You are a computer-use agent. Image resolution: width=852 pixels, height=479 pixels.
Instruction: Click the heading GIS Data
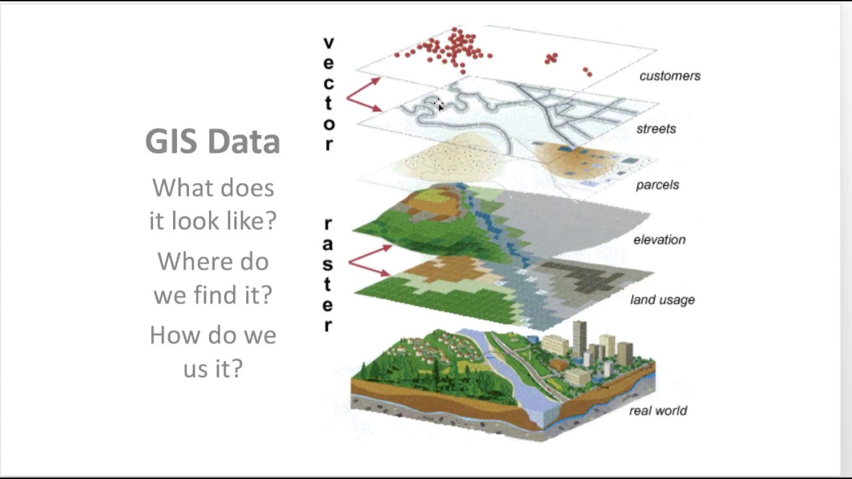[212, 141]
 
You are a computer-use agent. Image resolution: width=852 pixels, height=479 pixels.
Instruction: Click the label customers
[670, 76]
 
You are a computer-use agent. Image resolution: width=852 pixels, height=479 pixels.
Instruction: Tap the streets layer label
[656, 128]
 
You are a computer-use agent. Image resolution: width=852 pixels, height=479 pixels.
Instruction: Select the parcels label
[657, 184]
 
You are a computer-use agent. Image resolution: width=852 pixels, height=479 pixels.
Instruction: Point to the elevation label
[659, 239]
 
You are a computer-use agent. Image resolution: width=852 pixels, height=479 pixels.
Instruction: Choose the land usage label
[662, 300]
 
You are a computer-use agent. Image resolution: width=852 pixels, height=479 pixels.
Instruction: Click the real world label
[658, 410]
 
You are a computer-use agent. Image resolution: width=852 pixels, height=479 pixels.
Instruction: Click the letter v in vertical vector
[328, 43]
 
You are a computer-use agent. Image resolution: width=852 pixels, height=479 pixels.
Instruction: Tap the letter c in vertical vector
[328, 84]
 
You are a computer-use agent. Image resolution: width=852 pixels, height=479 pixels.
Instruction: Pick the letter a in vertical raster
[328, 244]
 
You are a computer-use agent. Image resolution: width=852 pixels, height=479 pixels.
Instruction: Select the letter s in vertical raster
[328, 264]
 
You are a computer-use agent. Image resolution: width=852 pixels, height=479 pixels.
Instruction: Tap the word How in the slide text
[172, 334]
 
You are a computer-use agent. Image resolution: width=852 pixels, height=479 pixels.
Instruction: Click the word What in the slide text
[183, 188]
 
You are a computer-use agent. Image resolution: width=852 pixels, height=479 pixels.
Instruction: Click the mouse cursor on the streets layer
[439, 106]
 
